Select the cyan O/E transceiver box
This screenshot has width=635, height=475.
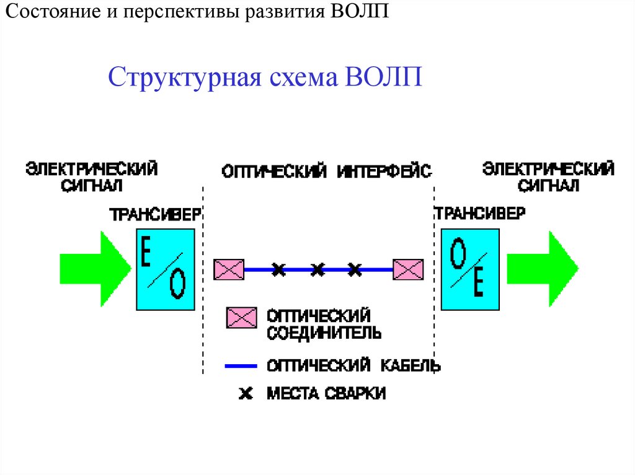pyautogui.click(x=469, y=269)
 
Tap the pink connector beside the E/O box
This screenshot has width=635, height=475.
pyautogui.click(x=229, y=269)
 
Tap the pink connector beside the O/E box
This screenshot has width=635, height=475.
pyautogui.click(x=408, y=269)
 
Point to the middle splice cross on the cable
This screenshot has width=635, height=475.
pyautogui.click(x=317, y=269)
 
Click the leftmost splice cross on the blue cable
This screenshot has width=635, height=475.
pyautogui.click(x=279, y=269)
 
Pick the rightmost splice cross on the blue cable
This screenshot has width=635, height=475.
pyautogui.click(x=354, y=269)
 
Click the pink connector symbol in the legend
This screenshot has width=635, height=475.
pyautogui.click(x=241, y=318)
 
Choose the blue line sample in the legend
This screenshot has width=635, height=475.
pyautogui.click(x=241, y=366)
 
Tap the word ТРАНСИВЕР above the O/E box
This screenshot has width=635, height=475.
pyautogui.click(x=479, y=214)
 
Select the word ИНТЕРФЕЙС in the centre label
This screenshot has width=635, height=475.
pyautogui.click(x=384, y=172)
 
